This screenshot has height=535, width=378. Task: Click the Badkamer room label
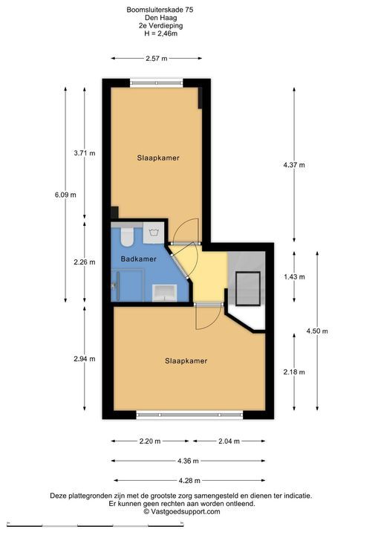coord(139,259)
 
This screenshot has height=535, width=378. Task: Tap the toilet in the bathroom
coord(127,236)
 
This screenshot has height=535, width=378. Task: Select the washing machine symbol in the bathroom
coord(154,233)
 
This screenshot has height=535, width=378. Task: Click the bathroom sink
coord(164,293)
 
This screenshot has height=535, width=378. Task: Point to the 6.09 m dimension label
coord(65,195)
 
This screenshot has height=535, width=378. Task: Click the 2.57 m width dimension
coord(157,59)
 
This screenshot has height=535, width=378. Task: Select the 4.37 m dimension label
coord(294,165)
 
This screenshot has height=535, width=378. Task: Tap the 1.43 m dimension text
coord(294,276)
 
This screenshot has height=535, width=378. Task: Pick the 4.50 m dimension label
coord(317,331)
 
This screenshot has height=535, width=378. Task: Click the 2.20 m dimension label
coord(150,441)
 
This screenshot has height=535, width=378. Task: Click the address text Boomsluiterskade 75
coord(160,10)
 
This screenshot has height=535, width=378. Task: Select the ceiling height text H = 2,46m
coord(160,33)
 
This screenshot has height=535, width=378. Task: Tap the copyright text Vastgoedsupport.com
coord(181,511)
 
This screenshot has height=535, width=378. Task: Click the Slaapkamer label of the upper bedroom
coord(158,158)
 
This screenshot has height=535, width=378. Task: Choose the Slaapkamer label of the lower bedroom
coord(186,361)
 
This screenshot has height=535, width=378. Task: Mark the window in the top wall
coord(157,83)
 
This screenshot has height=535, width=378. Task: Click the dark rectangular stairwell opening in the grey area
coord(248,288)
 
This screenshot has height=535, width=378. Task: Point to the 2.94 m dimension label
coord(85,359)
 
